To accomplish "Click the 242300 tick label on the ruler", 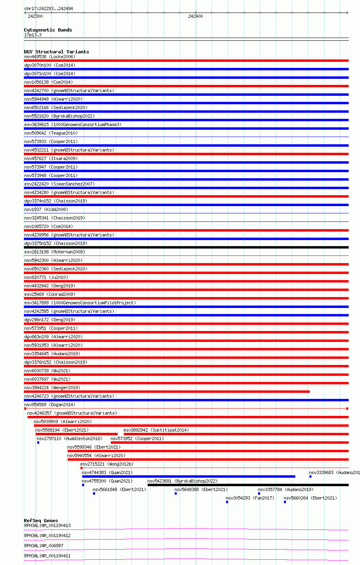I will point(35,16).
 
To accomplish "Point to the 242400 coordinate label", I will point(195,16).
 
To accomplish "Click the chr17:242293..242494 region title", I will point(49,8).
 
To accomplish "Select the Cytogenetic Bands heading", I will point(48,30).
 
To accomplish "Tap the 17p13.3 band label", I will point(33,35).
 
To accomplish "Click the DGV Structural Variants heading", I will point(56,52).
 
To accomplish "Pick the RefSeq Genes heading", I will point(41,521).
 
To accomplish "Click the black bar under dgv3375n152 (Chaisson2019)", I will point(186,247).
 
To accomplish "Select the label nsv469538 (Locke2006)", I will point(49,57).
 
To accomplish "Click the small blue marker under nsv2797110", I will point(38,443).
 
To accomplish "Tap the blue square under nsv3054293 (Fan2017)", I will point(227,502).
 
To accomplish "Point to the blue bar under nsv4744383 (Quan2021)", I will point(188,476).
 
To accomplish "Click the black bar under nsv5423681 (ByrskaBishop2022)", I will point(248,485).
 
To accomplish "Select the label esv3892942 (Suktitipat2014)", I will point(156,430).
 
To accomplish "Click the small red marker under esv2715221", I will point(81,468).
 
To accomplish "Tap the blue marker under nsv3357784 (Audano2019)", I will point(259,493).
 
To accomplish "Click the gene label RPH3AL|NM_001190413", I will point(47,525).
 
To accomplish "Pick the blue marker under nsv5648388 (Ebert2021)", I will point(176,493).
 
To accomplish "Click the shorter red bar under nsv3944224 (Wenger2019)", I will point(167,392).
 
